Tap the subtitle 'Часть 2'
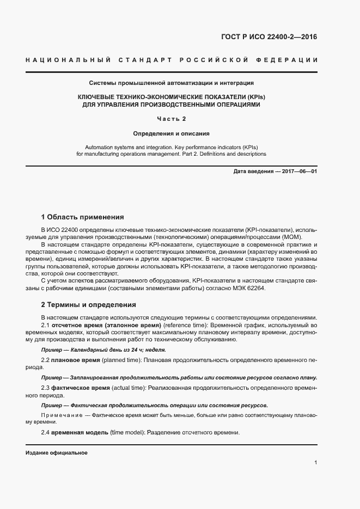[x=172, y=119]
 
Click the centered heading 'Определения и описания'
[x=172, y=133]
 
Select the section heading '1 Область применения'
[x=83, y=217]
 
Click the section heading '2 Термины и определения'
[x=88, y=304]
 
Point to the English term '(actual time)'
[x=129, y=388]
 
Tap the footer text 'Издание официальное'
[x=57, y=453]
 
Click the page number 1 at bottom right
[x=316, y=463]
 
